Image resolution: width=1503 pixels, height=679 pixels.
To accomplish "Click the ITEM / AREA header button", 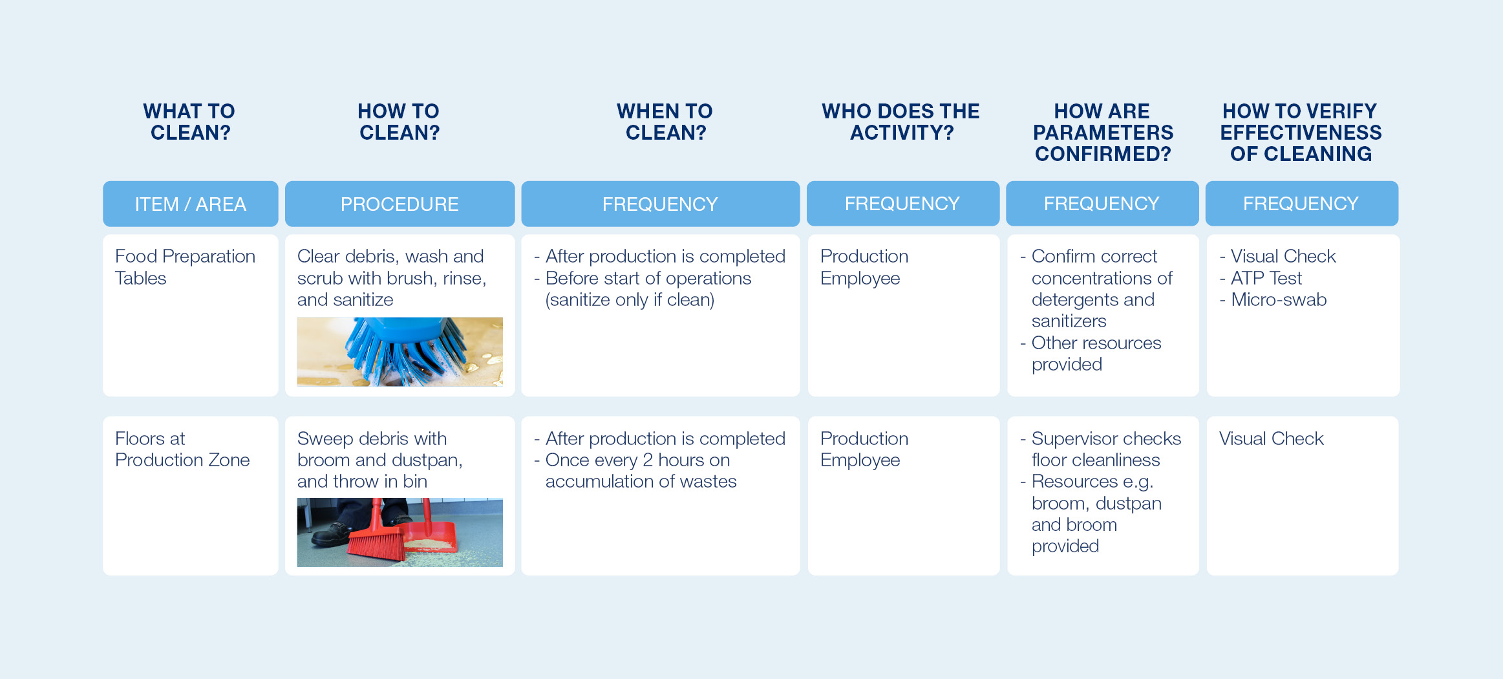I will [x=190, y=204].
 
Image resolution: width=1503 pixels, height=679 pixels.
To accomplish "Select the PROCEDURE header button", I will [x=400, y=204].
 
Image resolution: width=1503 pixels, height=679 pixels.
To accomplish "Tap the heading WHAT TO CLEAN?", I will [x=189, y=122].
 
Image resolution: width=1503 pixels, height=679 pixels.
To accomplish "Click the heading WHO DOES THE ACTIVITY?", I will [x=901, y=122].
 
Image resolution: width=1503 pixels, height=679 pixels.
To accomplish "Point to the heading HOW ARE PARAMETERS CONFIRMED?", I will [x=1102, y=133].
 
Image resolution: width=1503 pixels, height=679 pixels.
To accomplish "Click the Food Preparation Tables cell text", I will [x=185, y=267].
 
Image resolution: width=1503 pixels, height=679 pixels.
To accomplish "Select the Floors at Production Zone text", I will [x=182, y=449].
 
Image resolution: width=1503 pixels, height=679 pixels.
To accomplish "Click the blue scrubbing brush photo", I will [x=400, y=352].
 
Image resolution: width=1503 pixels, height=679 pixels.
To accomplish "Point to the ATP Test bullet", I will [x=1266, y=278].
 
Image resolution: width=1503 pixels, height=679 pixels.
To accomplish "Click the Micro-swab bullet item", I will [x=1278, y=300].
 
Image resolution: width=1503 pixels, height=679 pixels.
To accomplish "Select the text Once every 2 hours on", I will [x=637, y=460].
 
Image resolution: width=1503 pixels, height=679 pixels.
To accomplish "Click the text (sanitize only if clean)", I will [x=630, y=300].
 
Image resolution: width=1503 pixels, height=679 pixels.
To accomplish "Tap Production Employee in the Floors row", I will [x=864, y=449].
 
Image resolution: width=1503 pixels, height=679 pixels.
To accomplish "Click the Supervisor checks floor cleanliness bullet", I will [x=1105, y=449].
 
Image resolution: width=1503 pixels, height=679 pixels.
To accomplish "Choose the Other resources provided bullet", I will [x=1096, y=353].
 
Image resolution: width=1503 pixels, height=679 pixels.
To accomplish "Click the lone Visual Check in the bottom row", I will [x=1271, y=438].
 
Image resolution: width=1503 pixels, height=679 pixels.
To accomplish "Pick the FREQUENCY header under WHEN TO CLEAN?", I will [x=660, y=204].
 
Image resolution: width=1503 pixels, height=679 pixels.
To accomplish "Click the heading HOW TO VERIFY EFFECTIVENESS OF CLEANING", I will [x=1300, y=133].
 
